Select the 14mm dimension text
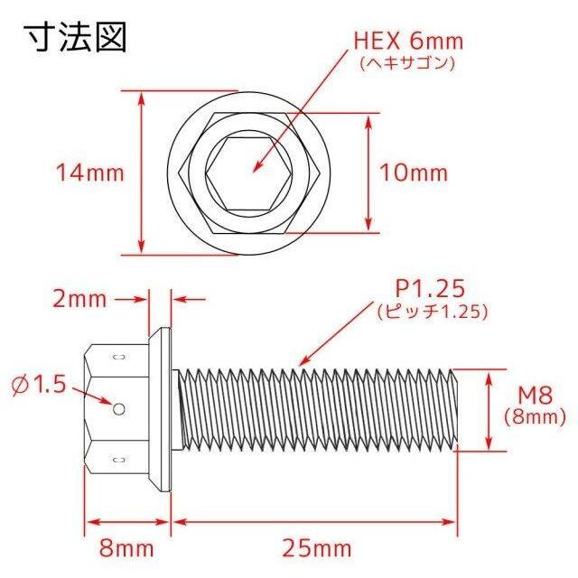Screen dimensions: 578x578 point(89,172)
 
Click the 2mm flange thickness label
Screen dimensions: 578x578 point(80,299)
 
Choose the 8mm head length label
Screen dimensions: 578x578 point(126,547)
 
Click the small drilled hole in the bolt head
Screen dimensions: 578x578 point(119,409)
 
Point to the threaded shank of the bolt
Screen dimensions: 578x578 point(316,408)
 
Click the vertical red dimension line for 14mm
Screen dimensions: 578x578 point(141,172)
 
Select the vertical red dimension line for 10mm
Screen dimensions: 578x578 point(368,172)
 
